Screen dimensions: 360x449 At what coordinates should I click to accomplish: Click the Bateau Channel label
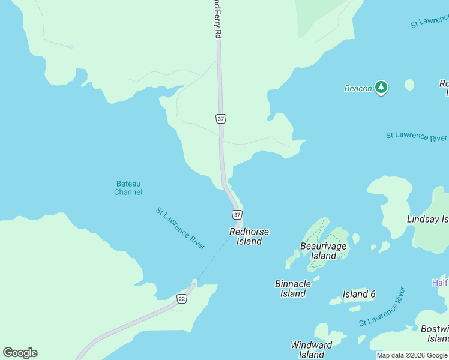(x=128, y=188)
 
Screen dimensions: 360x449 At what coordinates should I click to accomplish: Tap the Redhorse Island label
(x=249, y=236)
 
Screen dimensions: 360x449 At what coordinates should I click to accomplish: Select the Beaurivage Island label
(x=324, y=251)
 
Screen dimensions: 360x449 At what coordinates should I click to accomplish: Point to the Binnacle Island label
(x=293, y=289)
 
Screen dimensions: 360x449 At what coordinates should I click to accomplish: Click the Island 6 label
(x=359, y=294)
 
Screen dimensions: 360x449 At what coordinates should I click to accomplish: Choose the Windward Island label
(x=312, y=350)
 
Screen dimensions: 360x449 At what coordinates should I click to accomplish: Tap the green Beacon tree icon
(x=381, y=88)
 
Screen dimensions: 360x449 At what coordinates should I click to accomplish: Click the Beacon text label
(x=358, y=88)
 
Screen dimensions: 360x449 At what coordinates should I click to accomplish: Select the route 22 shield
(x=182, y=298)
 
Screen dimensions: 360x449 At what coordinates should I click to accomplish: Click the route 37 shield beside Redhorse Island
(x=237, y=214)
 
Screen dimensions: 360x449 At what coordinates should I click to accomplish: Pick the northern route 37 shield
(x=221, y=118)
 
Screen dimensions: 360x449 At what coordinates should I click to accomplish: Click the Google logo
(x=20, y=353)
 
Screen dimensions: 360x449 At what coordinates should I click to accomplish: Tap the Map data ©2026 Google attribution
(x=412, y=355)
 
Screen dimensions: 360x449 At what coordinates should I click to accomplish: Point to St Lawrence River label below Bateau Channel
(x=181, y=229)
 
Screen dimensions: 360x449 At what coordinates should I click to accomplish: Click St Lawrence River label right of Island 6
(x=382, y=307)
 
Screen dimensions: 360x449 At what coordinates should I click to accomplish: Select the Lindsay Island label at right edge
(x=427, y=220)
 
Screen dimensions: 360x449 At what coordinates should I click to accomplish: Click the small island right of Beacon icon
(x=409, y=85)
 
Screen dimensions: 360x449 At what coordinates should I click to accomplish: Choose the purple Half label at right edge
(x=440, y=283)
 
